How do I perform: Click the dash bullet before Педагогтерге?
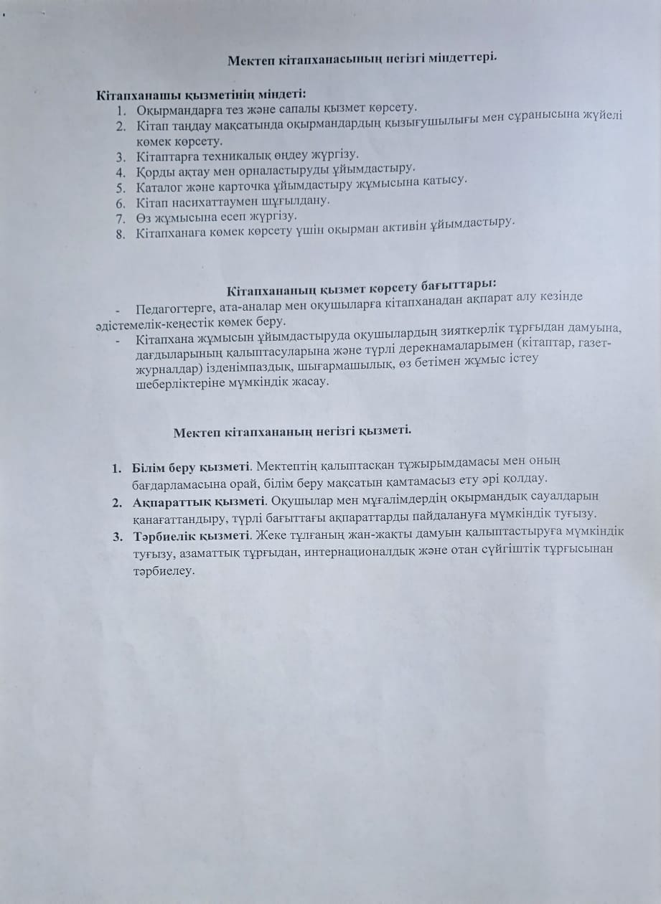[x=117, y=309]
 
